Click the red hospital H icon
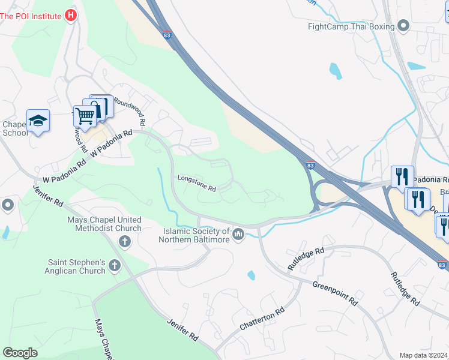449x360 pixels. pyautogui.click(x=71, y=16)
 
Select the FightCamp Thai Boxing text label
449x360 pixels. pyautogui.click(x=351, y=26)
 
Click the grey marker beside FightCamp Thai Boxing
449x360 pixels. pyautogui.click(x=403, y=26)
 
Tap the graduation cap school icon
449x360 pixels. pyautogui.click(x=38, y=120)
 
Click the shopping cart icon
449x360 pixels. pyautogui.click(x=85, y=115)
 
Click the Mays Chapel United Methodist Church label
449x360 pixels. pyautogui.click(x=104, y=224)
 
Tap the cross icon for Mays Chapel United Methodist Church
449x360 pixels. pyautogui.click(x=125, y=242)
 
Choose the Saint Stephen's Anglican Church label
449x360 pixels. pyautogui.click(x=77, y=266)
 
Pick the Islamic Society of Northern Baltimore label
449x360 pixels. pyautogui.click(x=194, y=235)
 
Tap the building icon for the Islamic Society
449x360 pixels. pyautogui.click(x=238, y=234)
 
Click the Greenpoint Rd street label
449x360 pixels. pyautogui.click(x=334, y=293)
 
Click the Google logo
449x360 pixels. pyautogui.click(x=20, y=353)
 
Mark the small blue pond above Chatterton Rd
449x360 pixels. pyautogui.click(x=251, y=275)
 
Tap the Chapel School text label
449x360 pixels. pyautogui.click(x=13, y=128)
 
